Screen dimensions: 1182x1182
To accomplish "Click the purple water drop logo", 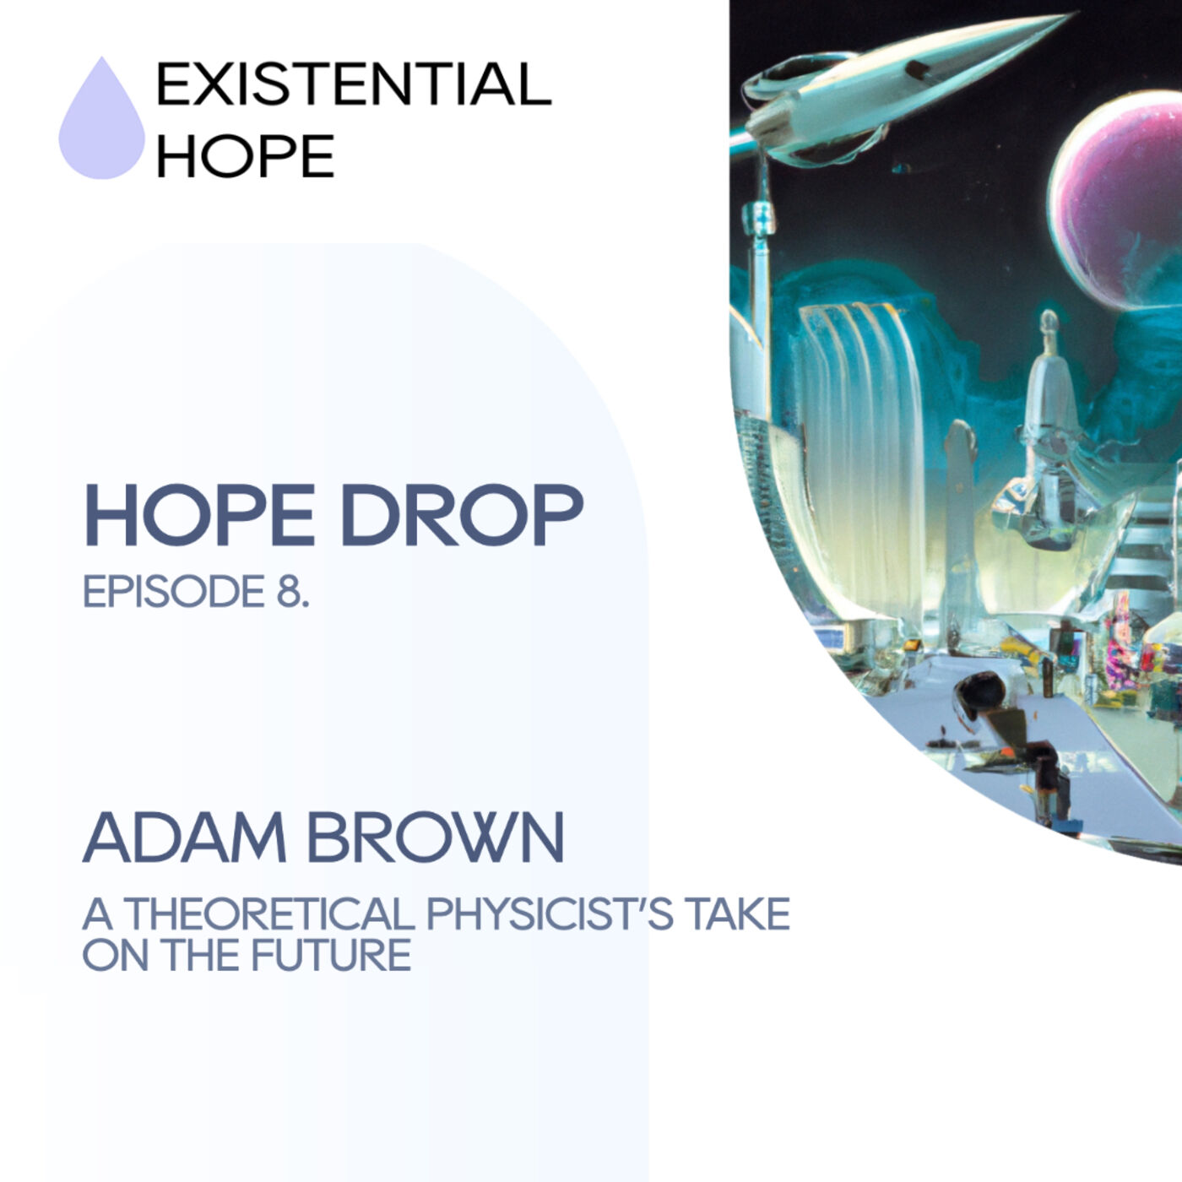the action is pos(102,122).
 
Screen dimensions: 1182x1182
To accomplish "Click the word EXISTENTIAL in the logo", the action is pos(354,84).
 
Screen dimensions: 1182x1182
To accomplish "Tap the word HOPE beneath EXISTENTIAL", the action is pos(246,155).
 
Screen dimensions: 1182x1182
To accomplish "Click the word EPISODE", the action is pos(174,592).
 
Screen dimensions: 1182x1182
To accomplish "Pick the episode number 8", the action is pos(292,592).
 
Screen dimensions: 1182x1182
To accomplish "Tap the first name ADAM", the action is pos(185,838).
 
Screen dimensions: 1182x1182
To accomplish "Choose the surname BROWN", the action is pos(435,838).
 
